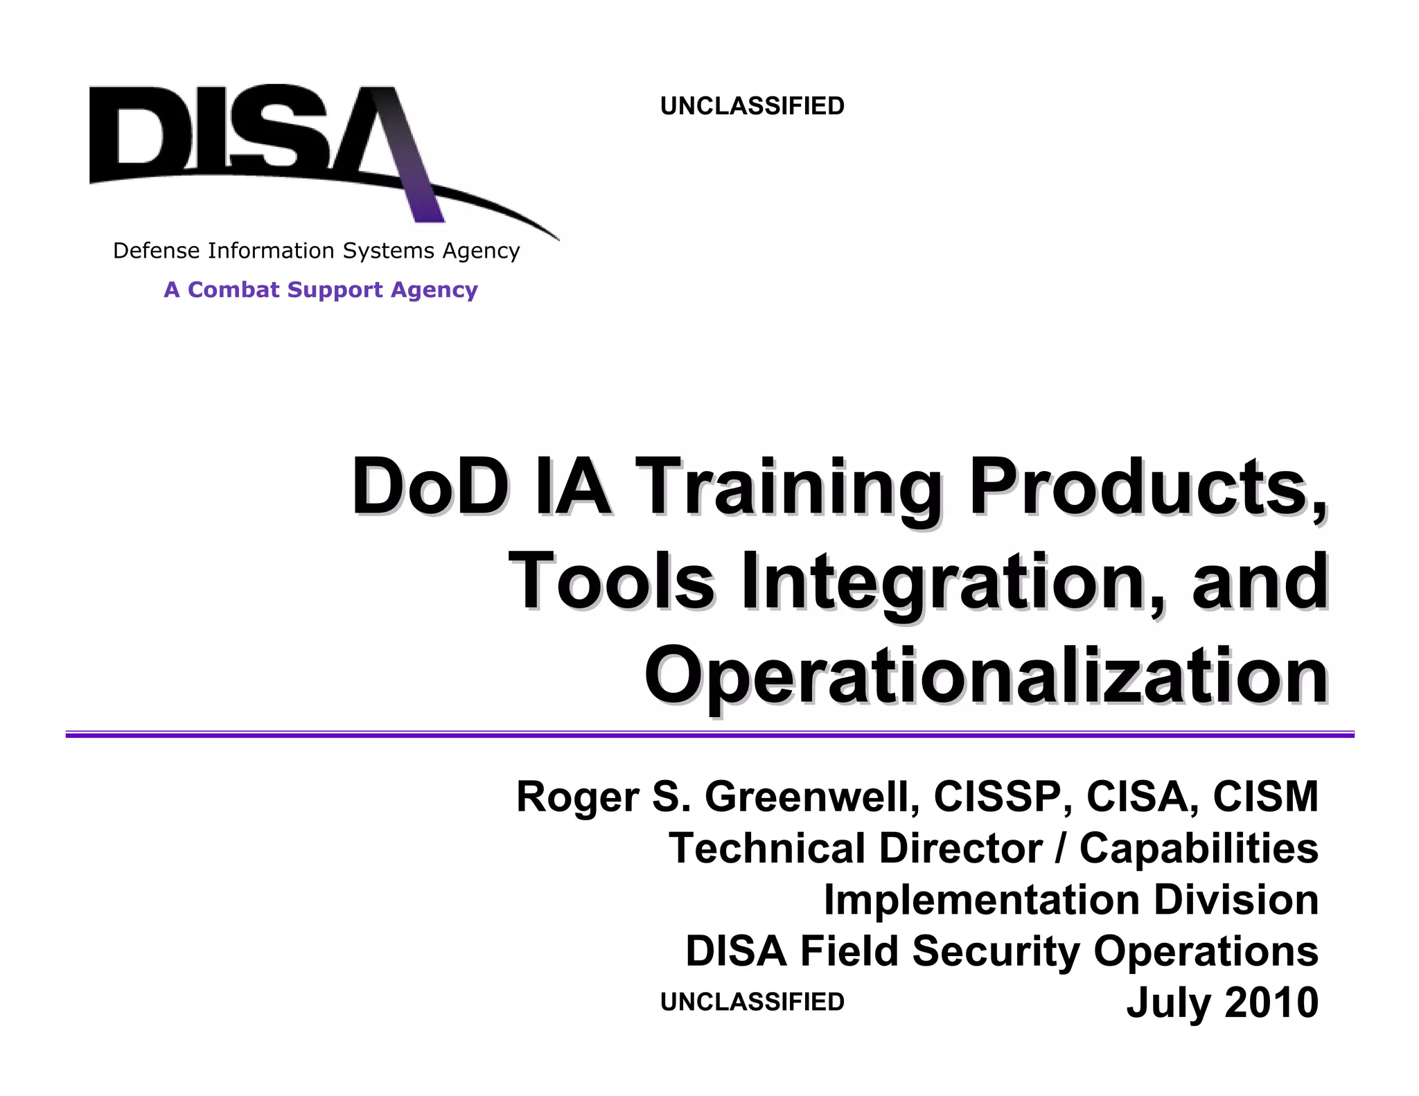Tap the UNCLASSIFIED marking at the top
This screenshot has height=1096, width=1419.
pos(752,106)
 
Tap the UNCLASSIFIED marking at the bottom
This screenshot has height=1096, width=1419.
pos(752,1002)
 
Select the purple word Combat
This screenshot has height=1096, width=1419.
pos(233,290)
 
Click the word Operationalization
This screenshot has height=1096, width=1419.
pos(987,675)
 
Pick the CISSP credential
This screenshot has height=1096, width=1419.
pos(998,797)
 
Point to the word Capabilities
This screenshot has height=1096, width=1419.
pos(1199,849)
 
